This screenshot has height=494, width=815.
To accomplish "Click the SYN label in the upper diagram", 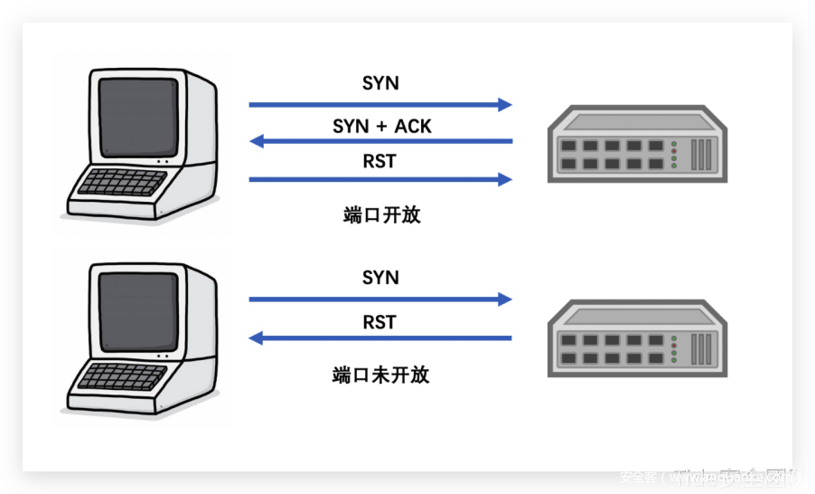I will tap(380, 83).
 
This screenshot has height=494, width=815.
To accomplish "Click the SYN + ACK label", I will tap(381, 127).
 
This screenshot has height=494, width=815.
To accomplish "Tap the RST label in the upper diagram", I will tap(380, 162).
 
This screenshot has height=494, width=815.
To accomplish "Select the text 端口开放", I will tap(381, 215).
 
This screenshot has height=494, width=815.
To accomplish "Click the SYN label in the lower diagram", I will tap(380, 277).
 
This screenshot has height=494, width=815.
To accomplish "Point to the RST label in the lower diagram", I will tap(380, 322).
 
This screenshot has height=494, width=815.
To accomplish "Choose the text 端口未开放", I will tap(380, 375).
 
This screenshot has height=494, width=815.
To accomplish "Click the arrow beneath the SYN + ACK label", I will tap(380, 141).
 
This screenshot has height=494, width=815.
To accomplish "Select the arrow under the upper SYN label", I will tap(380, 105).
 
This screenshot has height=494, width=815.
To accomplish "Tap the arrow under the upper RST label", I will tap(380, 179).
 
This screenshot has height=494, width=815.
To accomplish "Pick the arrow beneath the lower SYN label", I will tap(380, 299).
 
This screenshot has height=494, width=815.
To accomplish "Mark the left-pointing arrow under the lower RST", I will tap(380, 338).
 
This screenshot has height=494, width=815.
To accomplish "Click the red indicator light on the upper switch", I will tap(674, 150).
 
